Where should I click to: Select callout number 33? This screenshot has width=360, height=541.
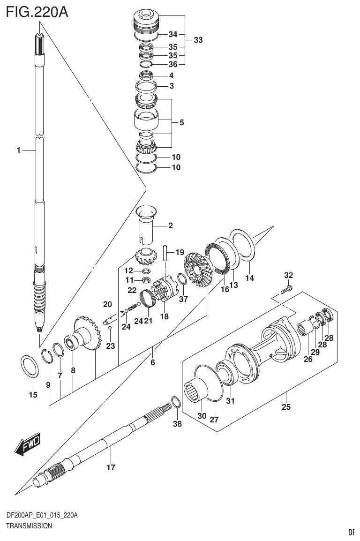[198, 40]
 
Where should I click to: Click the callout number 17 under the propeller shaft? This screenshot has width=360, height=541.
[111, 467]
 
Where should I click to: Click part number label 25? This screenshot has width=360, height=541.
[286, 407]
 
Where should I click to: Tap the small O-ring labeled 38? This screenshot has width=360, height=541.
[175, 403]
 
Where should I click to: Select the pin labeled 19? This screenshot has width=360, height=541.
[165, 253]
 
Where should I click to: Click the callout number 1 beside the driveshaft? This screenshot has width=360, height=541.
[18, 150]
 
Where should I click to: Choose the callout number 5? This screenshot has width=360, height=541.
[181, 123]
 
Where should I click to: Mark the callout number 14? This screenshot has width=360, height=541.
[250, 278]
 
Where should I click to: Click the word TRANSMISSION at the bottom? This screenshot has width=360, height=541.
[29, 526]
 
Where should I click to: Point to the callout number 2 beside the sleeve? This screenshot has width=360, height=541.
[170, 225]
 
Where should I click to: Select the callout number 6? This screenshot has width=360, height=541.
[152, 362]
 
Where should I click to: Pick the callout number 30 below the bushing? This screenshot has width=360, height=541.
[202, 416]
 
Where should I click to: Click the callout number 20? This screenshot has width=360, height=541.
[107, 305]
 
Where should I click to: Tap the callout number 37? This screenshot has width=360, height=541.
[183, 299]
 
